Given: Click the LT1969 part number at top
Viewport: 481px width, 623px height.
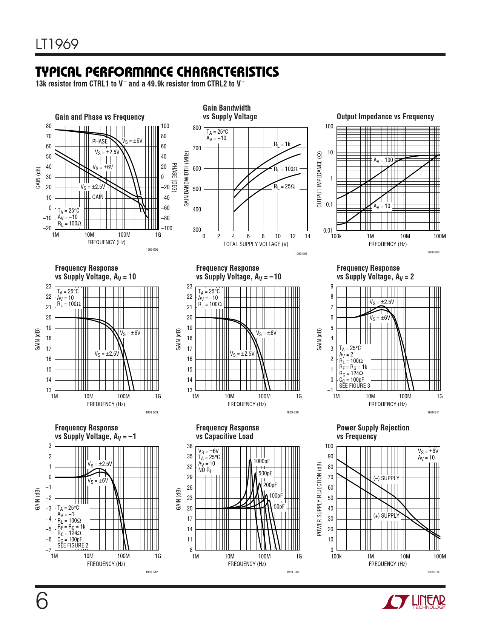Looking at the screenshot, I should [57, 45].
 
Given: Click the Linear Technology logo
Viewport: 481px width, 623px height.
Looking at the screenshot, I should [413, 602].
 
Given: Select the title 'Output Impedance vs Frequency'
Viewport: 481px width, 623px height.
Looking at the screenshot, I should [385, 117].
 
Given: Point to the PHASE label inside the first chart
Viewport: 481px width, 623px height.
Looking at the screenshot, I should [100, 141].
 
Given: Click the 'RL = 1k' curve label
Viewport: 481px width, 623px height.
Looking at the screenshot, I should [282, 144].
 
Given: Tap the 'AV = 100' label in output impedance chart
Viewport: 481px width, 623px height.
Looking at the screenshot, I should [383, 160].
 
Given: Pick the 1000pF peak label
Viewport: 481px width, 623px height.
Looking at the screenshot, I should [261, 461].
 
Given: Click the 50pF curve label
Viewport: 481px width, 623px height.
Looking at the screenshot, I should [279, 507].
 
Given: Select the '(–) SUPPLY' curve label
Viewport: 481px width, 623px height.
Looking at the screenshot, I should [386, 478].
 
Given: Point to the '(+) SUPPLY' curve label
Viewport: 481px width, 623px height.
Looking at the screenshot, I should [386, 516].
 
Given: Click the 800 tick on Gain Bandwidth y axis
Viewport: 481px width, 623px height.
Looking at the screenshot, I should [197, 128].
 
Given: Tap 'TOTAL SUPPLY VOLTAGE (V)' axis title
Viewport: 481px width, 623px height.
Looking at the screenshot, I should [256, 244].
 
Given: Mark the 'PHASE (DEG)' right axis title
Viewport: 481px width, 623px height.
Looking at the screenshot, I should [174, 177].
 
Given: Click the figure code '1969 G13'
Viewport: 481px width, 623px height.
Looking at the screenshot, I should [292, 572].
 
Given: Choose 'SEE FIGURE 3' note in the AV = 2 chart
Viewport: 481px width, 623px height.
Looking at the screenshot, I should [355, 386].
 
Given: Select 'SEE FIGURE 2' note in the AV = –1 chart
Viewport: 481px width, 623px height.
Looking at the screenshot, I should [73, 546].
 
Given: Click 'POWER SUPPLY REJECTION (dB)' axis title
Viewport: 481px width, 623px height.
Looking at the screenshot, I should [319, 498].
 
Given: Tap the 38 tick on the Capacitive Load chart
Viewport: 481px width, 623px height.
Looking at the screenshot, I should [190, 446].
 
